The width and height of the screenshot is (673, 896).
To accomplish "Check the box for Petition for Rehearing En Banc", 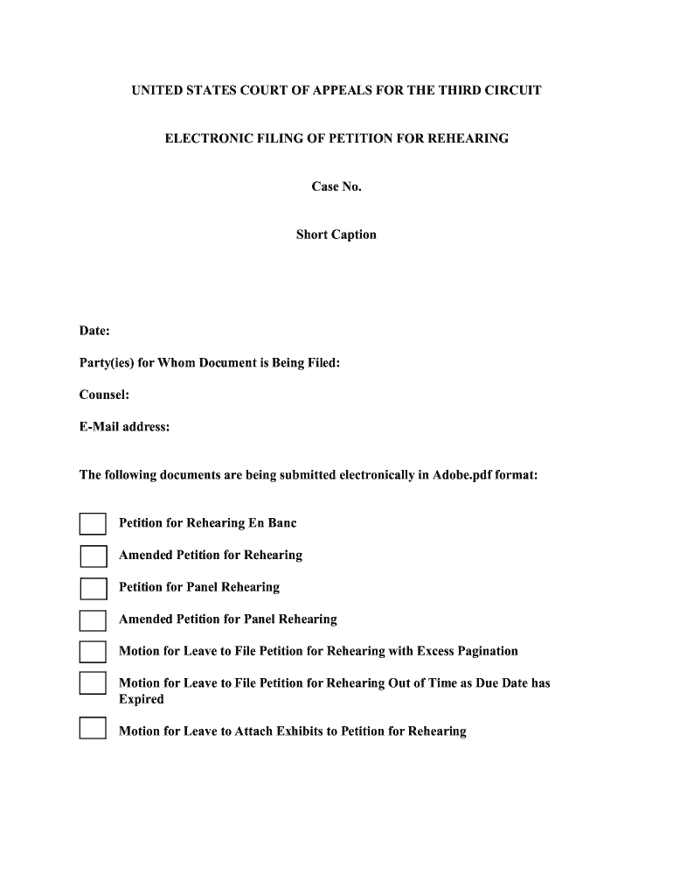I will click(x=93, y=523).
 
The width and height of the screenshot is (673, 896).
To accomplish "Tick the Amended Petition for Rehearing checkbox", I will click(x=93, y=556).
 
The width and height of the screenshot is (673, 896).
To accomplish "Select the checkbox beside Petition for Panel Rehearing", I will click(x=93, y=588).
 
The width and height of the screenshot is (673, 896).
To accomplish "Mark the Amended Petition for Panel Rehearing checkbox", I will click(x=93, y=620).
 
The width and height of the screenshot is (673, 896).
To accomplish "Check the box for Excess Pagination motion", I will click(x=93, y=652).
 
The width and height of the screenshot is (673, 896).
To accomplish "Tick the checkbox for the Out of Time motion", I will click(x=93, y=683).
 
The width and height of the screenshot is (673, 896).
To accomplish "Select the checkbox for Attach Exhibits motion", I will click(x=93, y=728).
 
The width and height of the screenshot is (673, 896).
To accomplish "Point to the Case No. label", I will click(x=336, y=186).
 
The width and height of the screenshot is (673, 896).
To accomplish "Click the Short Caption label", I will click(x=336, y=234).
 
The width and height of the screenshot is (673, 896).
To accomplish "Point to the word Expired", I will click(x=141, y=699).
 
